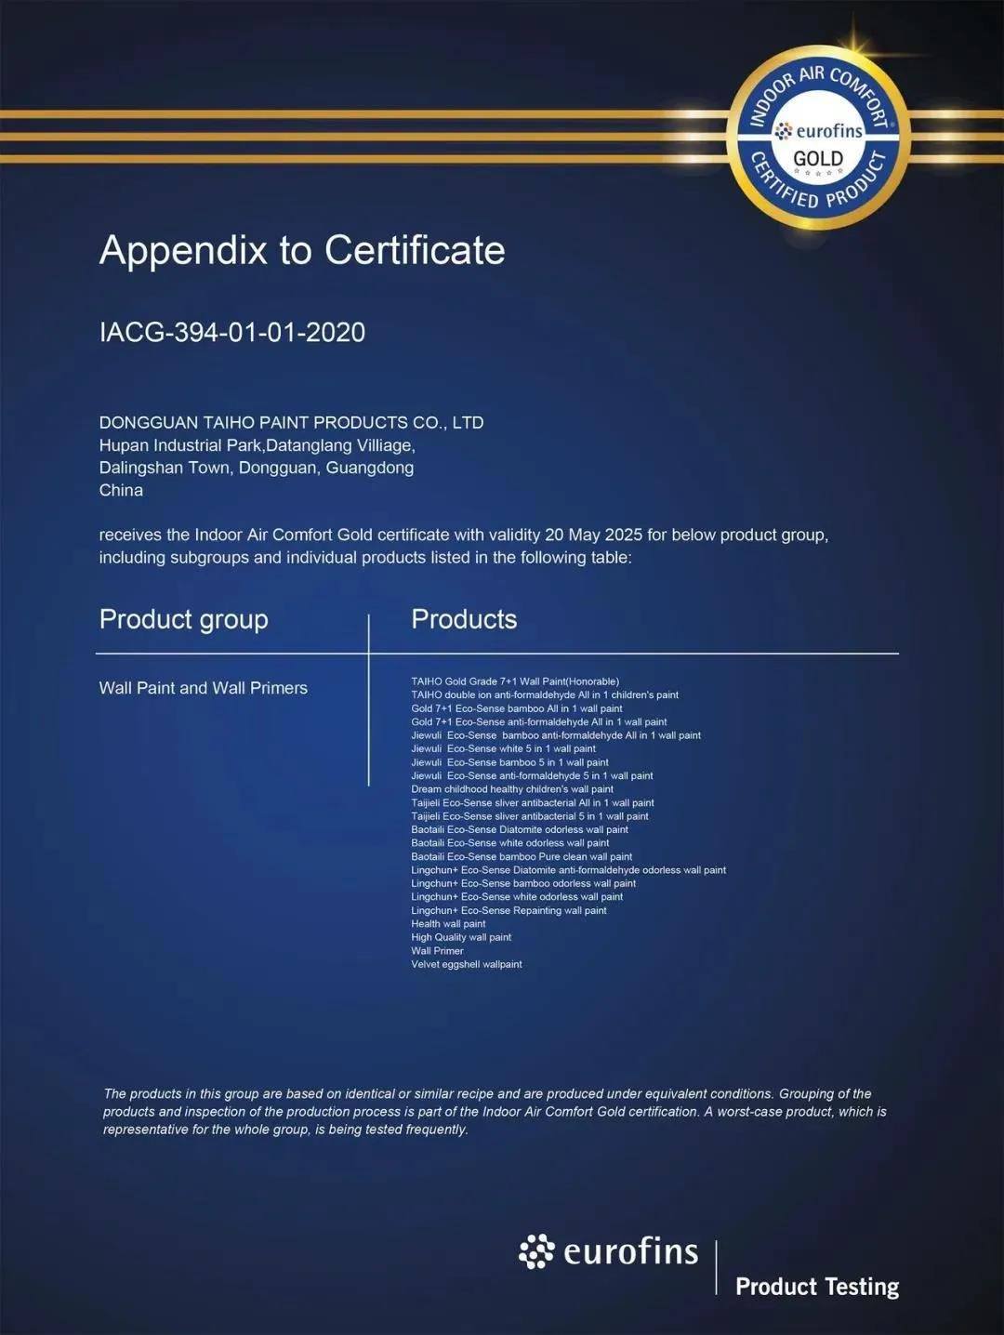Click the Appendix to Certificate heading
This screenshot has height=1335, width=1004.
tap(302, 250)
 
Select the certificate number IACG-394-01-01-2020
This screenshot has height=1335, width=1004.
tap(232, 332)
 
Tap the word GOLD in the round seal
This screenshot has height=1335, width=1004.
tap(818, 158)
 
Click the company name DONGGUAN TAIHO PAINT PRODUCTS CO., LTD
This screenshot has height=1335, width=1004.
tap(291, 422)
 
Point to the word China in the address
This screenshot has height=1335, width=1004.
tap(121, 490)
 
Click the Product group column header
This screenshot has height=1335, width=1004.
tap(183, 619)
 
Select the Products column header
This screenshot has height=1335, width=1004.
tap(464, 619)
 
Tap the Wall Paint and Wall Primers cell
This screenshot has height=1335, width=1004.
tap(203, 688)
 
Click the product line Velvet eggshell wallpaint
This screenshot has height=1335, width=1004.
tap(467, 964)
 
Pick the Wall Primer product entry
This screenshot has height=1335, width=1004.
tap(437, 951)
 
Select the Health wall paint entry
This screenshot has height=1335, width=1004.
tap(448, 924)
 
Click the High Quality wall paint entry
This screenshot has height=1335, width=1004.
tap(461, 937)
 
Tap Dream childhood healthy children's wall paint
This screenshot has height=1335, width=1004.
tap(512, 789)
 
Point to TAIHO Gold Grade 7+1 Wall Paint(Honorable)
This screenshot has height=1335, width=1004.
tap(515, 681)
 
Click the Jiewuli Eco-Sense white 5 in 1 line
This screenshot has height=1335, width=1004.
tap(503, 748)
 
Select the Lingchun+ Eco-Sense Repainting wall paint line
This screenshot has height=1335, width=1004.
tap(509, 910)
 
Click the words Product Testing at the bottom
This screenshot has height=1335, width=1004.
tap(817, 1287)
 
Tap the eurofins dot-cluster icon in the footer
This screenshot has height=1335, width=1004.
tap(536, 1251)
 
